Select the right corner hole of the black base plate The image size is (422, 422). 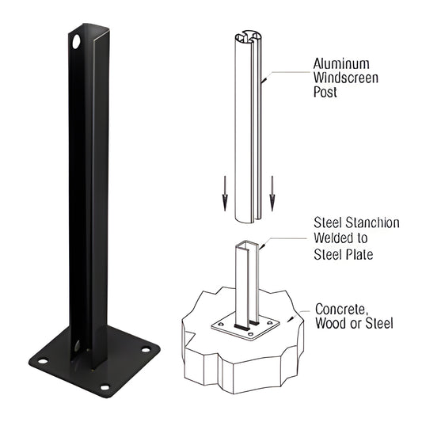coord(146,348)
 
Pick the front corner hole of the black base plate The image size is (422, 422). coord(104,387)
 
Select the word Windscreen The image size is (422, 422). coord(347,78)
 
